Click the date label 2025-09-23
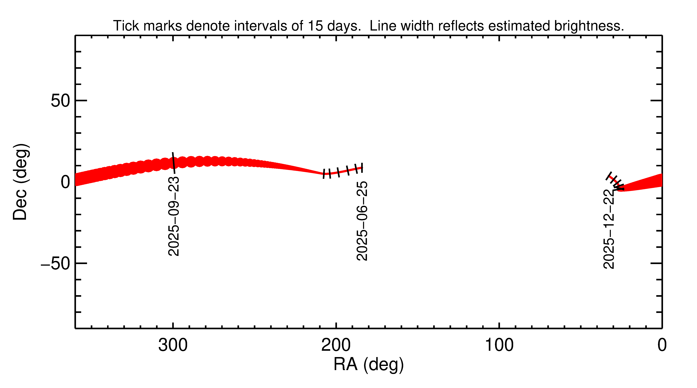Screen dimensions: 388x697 (x=173, y=216)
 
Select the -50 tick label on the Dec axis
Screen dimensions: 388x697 (x=55, y=264)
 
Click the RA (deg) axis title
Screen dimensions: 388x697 (x=369, y=365)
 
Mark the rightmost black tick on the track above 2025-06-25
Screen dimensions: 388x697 (x=362, y=168)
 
